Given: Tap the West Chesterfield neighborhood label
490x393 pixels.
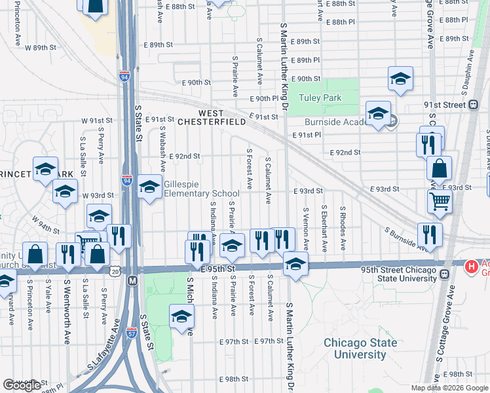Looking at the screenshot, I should [211, 117].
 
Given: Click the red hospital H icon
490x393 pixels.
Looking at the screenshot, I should [470, 267].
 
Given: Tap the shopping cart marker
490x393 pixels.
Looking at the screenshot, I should [440, 202].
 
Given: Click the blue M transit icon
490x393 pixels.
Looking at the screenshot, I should [132, 280].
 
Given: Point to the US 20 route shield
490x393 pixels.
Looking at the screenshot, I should [115, 271].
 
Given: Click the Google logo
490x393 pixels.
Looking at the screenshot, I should [22, 384].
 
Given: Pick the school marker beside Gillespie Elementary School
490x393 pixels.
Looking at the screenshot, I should [149, 187].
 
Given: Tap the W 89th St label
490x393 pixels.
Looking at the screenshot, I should [38, 48].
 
